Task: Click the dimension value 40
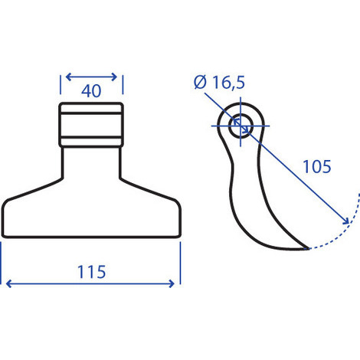coord(91,91)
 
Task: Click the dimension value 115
coord(91,272)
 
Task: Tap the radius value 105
coord(317,166)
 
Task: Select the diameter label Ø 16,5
coord(219,82)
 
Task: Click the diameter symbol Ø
coord(200,82)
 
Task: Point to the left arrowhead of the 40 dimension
coord(68,77)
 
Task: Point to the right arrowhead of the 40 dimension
coord(114,77)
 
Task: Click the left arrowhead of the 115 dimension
coord(8,283)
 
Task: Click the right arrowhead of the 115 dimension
coord(172,283)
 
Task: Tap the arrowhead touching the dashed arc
coord(346,221)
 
